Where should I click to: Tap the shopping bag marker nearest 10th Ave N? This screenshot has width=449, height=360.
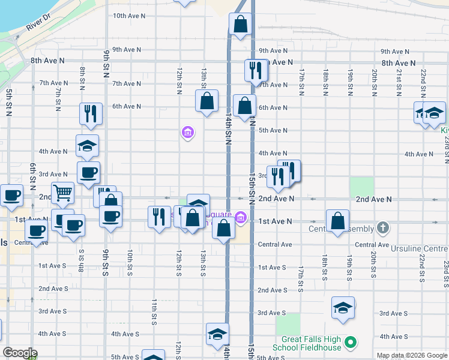pyautogui.click(x=240, y=25)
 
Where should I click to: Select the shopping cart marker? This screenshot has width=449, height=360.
pyautogui.click(x=63, y=193)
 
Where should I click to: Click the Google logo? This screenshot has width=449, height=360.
pyautogui.click(x=19, y=353)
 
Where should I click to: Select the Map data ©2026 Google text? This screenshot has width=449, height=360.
pyautogui.click(x=411, y=355)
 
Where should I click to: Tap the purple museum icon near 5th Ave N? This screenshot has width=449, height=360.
pyautogui.click(x=187, y=133)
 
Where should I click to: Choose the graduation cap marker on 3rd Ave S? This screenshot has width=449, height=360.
pyautogui.click(x=343, y=308)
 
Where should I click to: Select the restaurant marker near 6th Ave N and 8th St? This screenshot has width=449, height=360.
pyautogui.click(x=91, y=113)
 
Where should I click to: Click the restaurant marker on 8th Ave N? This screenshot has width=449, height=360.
pyautogui.click(x=256, y=70)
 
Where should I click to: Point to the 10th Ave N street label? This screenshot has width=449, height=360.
pyautogui.click(x=127, y=16)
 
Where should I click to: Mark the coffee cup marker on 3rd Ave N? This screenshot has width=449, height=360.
pyautogui.click(x=89, y=173)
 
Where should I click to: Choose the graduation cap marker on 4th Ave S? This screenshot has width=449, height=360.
pyautogui.click(x=217, y=334)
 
